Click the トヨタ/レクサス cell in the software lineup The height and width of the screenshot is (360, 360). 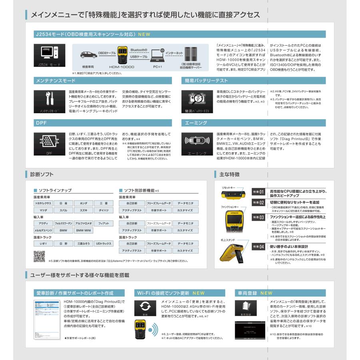click(x=43, y=203)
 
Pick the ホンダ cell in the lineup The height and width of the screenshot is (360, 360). click(x=84, y=203)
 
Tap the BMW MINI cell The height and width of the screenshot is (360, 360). click(x=84, y=230)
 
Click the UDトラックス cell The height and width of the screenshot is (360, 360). click(x=103, y=244)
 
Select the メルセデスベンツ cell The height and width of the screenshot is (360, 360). click(x=43, y=230)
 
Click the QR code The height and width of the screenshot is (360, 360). click(x=39, y=256)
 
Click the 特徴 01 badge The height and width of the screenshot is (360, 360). click(x=258, y=192)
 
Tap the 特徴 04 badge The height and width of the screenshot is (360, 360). click(x=258, y=247)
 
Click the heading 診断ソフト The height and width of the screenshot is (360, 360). click(x=42, y=174)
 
